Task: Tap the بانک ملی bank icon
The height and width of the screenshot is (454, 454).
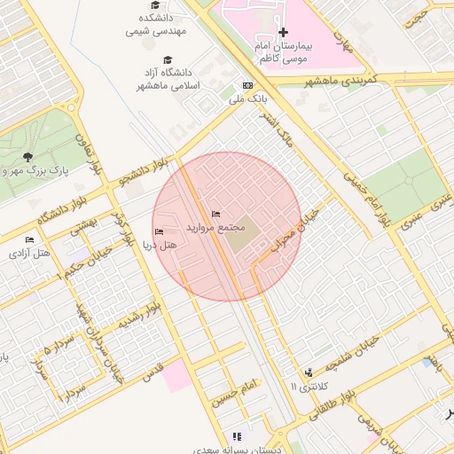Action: [x=247, y=86]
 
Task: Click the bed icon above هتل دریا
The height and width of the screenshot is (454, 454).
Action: [x=160, y=232]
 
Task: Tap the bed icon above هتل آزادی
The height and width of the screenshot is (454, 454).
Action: [x=30, y=240]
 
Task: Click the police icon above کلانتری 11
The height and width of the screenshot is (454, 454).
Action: [x=309, y=372]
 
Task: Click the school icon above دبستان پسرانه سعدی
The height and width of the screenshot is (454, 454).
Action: [x=236, y=436]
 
